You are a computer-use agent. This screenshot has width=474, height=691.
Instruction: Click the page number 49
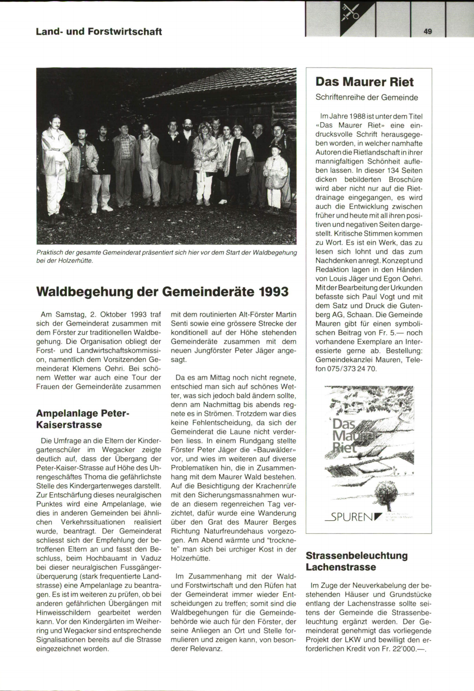(428, 32)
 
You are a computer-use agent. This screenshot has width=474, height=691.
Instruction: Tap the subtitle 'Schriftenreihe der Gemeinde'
(367, 97)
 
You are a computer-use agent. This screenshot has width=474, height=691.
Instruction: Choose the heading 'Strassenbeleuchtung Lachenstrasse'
(357, 561)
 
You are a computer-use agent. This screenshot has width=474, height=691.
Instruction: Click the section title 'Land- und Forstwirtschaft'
(99, 32)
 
